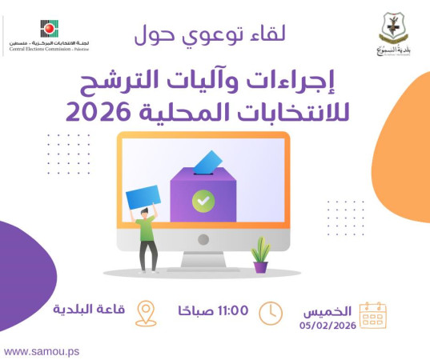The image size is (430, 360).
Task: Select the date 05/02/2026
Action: click(x=328, y=326)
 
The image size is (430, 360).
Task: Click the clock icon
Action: click(x=271, y=312)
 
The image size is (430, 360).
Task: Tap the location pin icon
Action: click(x=145, y=313)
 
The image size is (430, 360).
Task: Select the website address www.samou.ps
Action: click(x=41, y=351)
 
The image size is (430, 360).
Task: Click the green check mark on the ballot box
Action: click(x=203, y=200)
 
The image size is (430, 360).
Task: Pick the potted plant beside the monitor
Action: click(x=260, y=255)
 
